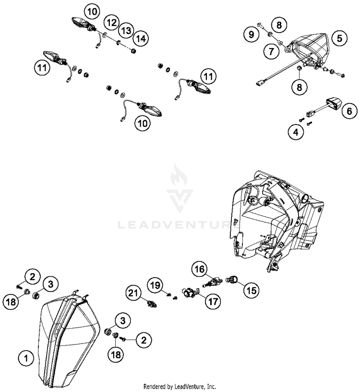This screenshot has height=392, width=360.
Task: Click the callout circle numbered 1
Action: coord(26,357)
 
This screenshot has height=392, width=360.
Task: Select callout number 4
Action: coord(296,132)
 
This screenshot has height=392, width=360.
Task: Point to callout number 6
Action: coord(349,112)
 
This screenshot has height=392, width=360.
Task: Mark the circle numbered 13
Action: coord(126,30)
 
